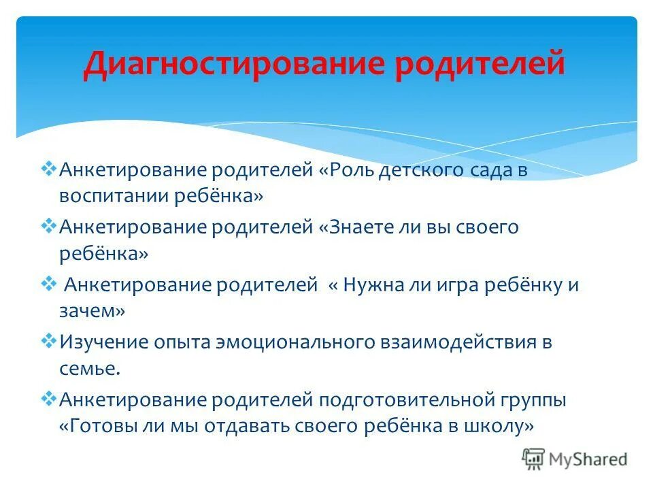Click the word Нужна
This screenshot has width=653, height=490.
click(373, 285)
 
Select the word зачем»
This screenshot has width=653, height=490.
click(93, 311)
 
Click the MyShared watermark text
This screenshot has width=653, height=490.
click(589, 459)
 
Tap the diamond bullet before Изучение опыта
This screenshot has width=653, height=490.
click(49, 341)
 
